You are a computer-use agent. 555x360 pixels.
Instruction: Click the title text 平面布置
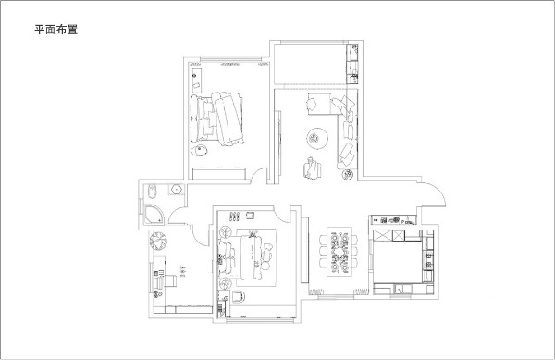pos(55,30)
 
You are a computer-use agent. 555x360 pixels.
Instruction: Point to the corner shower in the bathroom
pos(154,216)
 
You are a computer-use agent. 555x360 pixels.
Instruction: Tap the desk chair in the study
pos(172,278)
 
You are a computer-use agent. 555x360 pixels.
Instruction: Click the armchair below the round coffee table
pos(307,168)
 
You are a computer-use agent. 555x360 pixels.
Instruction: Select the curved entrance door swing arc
pos(433,192)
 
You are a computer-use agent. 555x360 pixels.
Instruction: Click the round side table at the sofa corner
pos(348,174)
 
